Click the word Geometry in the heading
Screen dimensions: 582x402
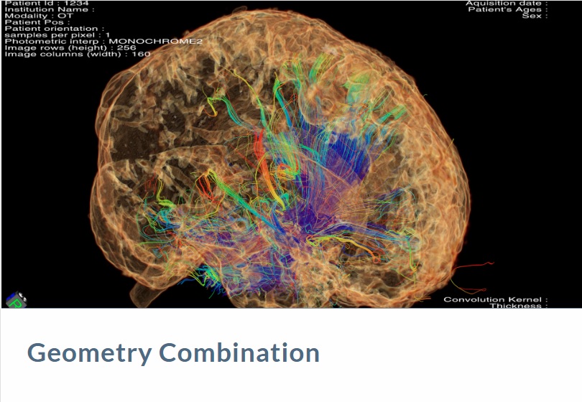coord(89,353)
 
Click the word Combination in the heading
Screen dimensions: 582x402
coord(239,352)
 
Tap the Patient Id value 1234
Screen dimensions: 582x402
coord(76,4)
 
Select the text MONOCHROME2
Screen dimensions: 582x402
coord(155,41)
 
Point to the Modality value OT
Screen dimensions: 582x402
coord(65,16)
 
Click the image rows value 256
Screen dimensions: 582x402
coord(126,47)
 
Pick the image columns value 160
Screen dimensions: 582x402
coord(141,54)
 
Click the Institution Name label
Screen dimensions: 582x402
coord(50,9)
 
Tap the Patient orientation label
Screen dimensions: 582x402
coord(55,29)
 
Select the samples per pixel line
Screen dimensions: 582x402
coord(57,35)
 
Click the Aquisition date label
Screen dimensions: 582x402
coord(507,4)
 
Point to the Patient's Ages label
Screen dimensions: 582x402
coord(508,9)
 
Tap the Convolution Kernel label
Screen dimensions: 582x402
coord(496,299)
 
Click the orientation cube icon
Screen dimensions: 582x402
coord(17,300)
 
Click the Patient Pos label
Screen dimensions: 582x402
coord(37,22)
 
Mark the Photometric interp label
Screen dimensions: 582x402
coord(55,41)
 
